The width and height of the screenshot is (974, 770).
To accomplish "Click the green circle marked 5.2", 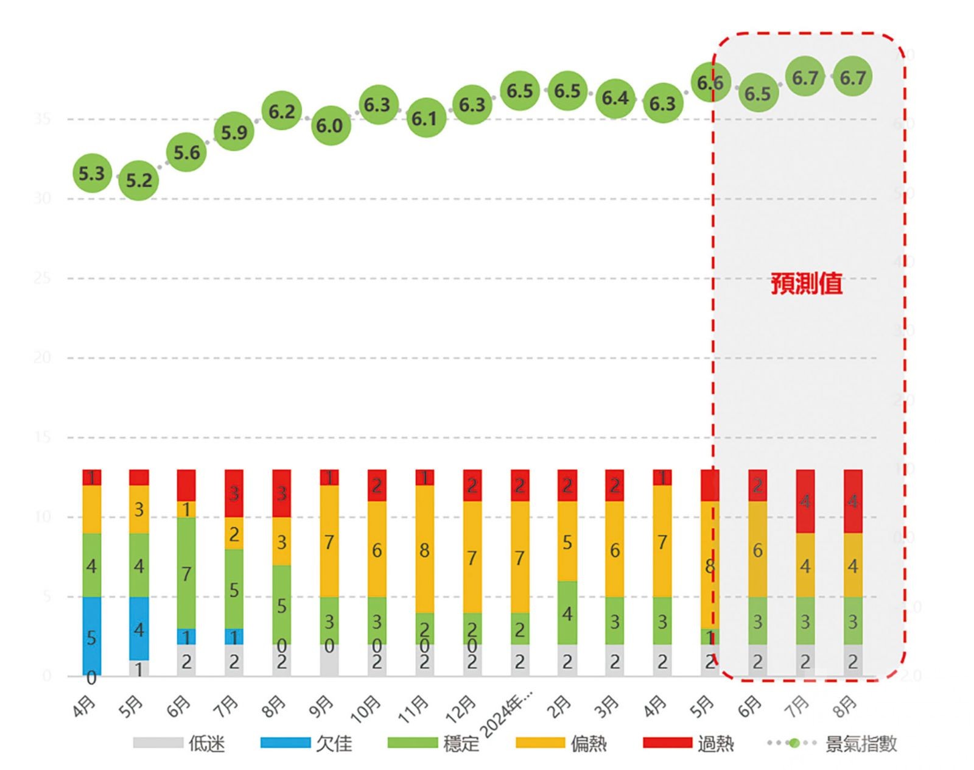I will pos(139,180).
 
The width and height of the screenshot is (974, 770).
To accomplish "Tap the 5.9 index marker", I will pos(234,132).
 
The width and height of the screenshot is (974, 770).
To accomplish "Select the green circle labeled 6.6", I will pos(710,82).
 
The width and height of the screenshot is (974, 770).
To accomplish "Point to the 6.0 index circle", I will pos(329,125).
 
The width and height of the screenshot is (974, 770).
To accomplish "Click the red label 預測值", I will pos(807,284).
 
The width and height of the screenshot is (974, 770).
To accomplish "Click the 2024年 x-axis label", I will pos(506,713).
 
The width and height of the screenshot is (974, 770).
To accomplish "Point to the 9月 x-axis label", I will pos(321,707).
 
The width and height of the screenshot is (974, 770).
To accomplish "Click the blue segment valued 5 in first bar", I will pos(91,636).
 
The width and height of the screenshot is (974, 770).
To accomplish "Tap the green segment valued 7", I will pos(186,573).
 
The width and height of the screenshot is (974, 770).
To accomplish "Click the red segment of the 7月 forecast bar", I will pos(805,501).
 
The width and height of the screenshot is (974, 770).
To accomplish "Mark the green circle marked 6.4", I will pos(615,97).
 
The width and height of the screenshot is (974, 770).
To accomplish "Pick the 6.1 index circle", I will pos(424,118).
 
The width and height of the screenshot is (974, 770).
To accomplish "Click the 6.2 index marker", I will pos(282,111).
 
